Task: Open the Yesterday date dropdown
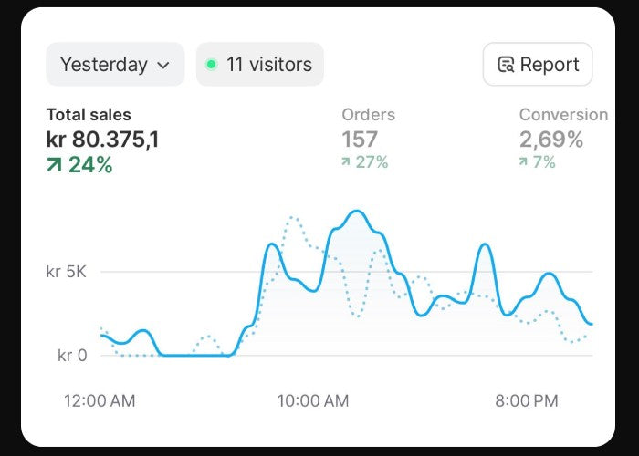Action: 114,65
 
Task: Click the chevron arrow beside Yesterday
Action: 163,66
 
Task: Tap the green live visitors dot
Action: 211,65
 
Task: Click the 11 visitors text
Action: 269,65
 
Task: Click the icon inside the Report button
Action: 506,65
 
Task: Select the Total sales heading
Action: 89,115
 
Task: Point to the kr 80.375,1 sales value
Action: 102,140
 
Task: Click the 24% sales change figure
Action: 90,165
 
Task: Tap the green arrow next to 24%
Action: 55,165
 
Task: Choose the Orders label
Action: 368,115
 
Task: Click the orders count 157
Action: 360,140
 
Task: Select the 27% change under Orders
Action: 372,162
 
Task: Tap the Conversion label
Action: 562,115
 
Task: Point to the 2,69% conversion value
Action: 550,140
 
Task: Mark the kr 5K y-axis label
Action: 67,272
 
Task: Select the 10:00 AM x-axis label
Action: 313,401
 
